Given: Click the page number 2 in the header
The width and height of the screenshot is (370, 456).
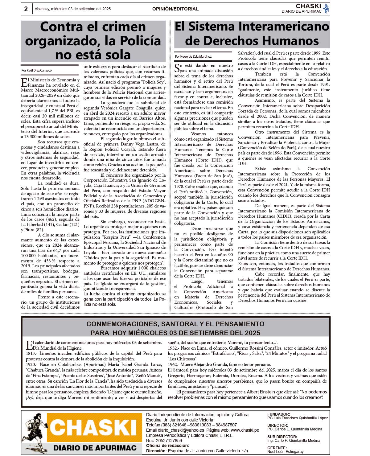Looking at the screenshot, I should coord(26,9).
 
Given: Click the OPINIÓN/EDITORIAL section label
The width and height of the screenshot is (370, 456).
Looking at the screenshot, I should coord(175,9).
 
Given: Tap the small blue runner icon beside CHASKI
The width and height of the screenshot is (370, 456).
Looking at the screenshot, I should coord(326,8).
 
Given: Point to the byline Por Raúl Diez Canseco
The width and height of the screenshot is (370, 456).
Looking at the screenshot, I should coord(37,70).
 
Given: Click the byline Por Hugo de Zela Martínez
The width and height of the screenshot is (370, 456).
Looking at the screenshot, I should coord(193,56).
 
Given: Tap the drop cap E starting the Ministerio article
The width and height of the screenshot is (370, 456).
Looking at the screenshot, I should coord(24,83).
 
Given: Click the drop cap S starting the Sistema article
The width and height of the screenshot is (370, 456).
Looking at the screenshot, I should coord(177,68).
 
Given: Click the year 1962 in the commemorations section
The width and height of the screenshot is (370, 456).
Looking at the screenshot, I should coord(173,364).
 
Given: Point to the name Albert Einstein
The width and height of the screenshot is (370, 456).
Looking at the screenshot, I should coord(261,392).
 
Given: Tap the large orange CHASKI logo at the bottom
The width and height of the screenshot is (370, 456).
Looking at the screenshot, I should coord(93,428).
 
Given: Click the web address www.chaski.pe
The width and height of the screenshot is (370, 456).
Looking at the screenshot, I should coord(245,430).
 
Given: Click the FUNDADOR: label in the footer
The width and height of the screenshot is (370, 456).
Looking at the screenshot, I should coord(278,414).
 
